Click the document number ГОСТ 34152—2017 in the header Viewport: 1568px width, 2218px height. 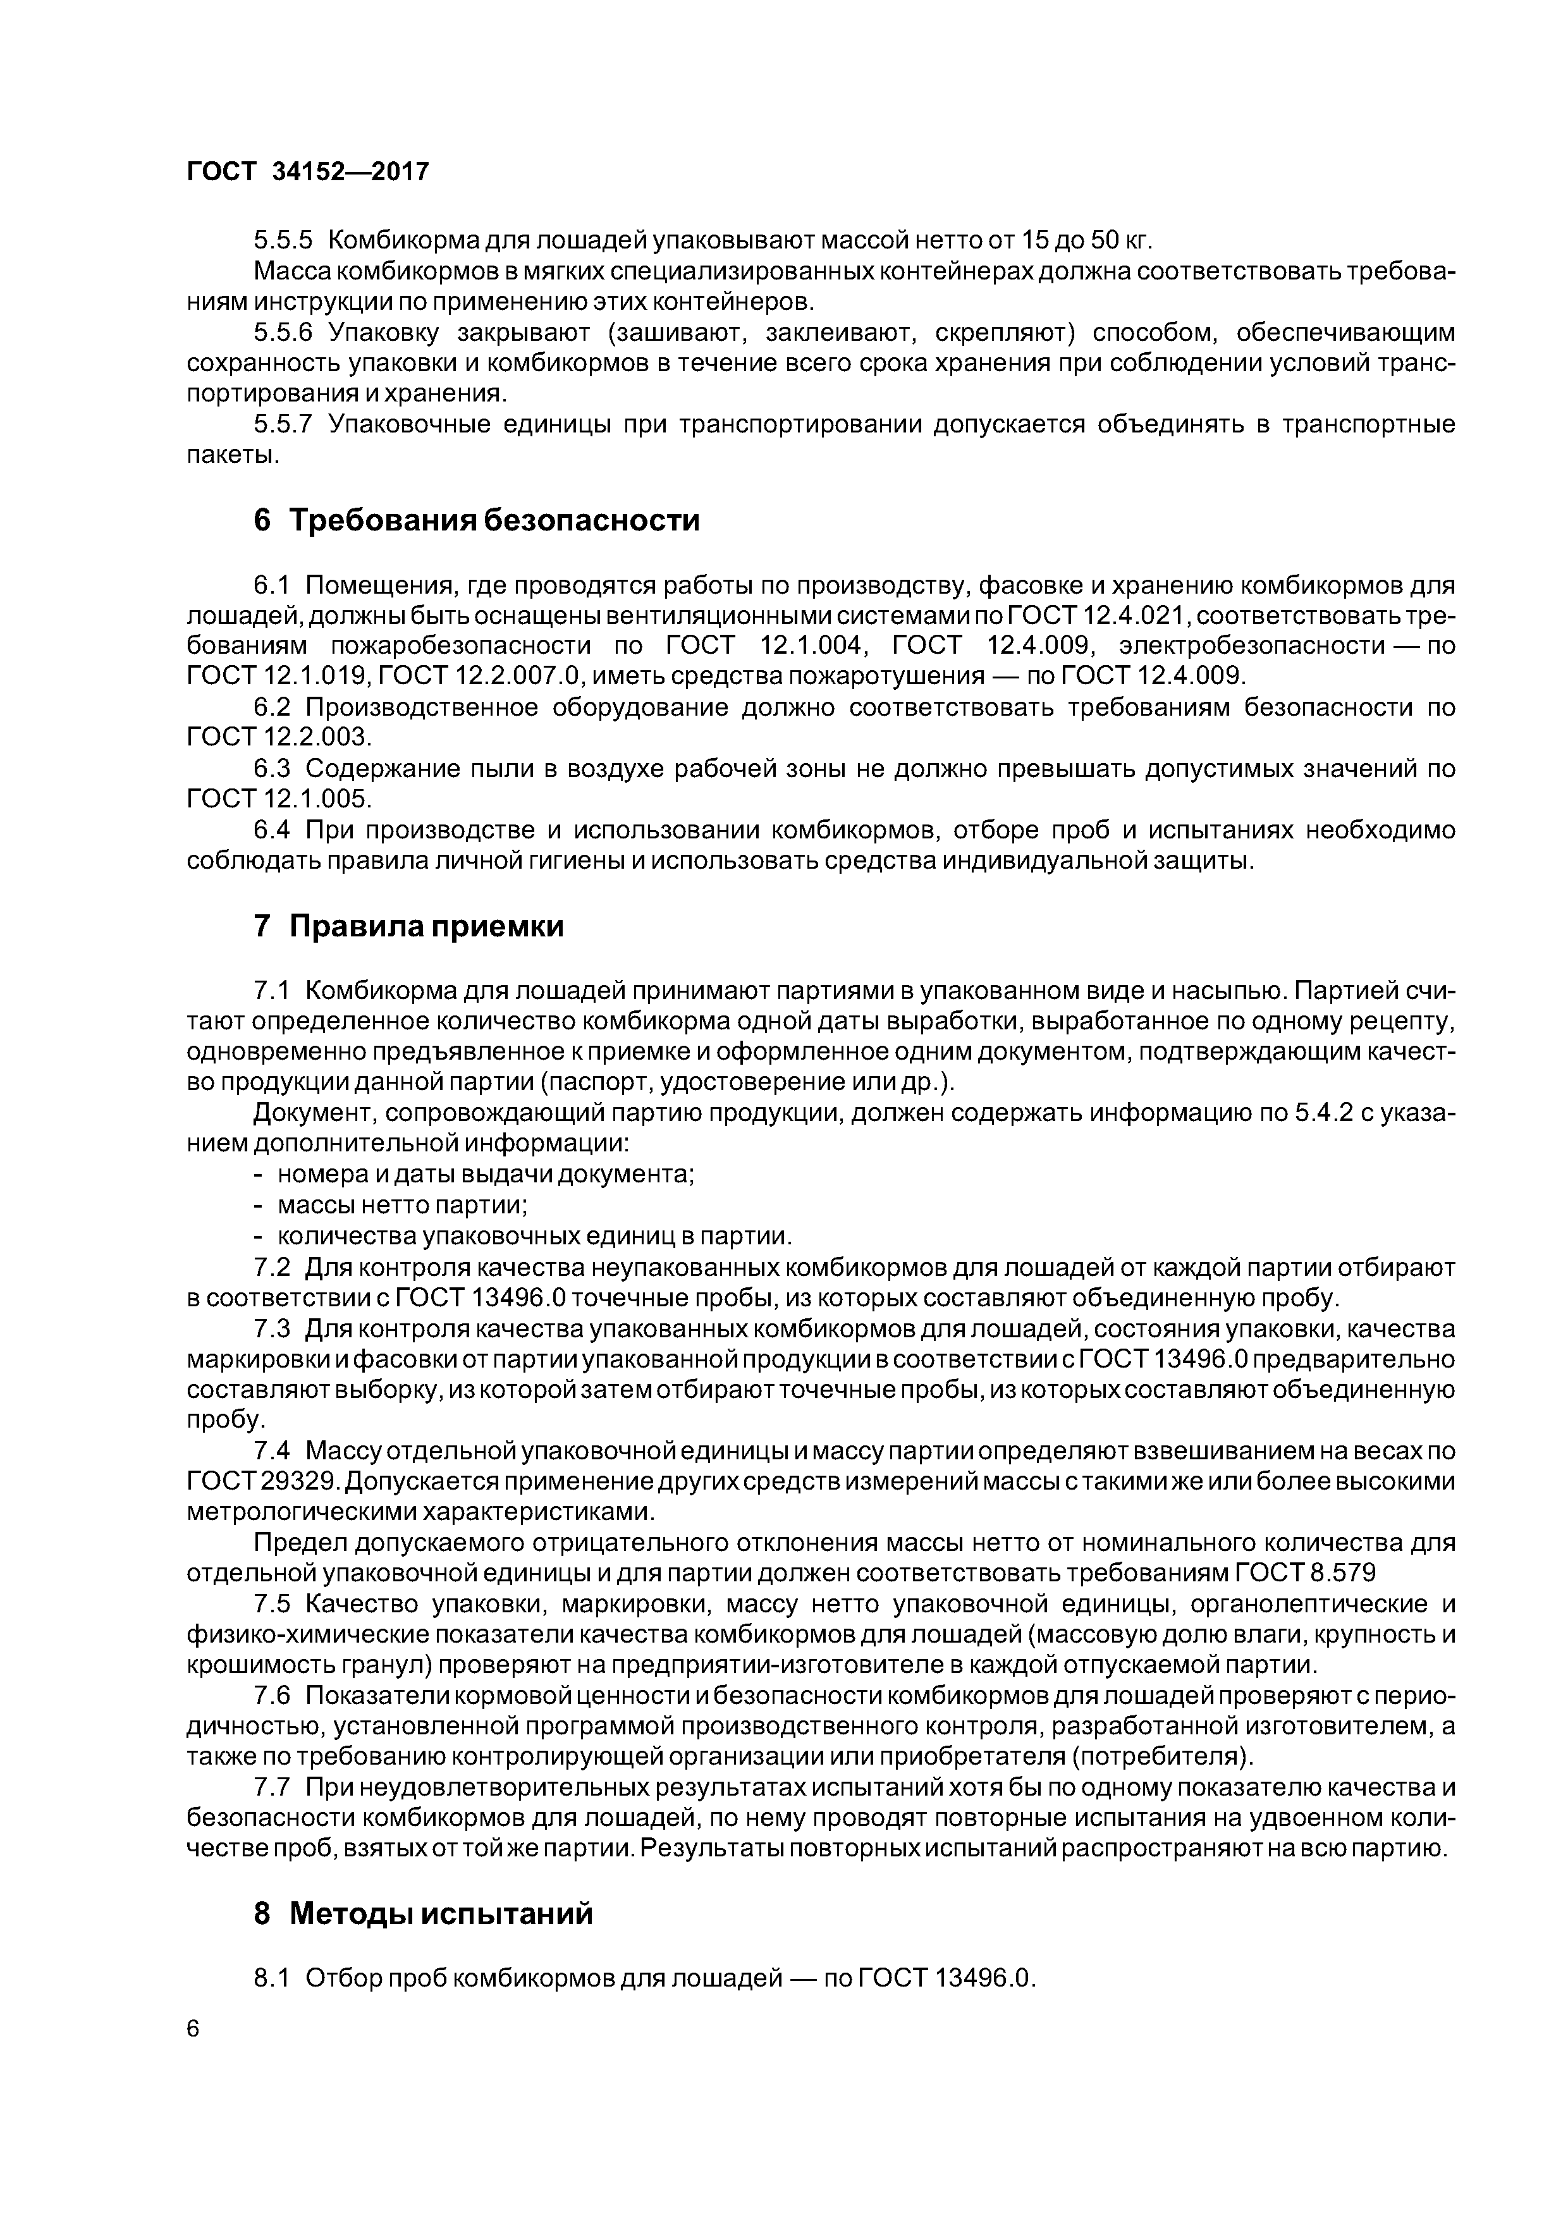pos(307,172)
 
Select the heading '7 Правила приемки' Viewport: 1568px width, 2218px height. pos(408,926)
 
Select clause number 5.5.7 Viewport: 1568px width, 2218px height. pos(283,424)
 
